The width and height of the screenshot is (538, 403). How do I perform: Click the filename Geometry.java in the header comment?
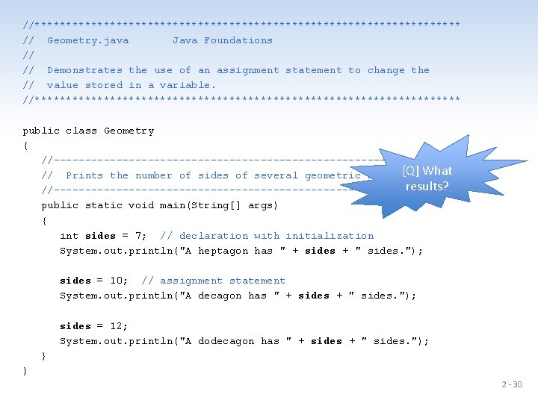click(x=87, y=40)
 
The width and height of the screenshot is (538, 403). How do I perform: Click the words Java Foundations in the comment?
click(x=223, y=40)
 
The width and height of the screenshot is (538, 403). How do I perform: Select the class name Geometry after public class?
click(x=129, y=131)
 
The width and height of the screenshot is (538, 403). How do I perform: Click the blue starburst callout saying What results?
click(x=427, y=178)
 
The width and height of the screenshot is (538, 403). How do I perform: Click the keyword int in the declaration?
click(x=69, y=236)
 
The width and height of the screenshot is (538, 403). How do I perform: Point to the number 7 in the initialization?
click(x=140, y=236)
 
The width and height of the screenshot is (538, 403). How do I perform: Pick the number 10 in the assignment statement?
click(x=119, y=281)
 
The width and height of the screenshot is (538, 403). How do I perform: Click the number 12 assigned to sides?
click(x=119, y=326)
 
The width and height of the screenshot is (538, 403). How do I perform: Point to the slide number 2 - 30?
click(x=512, y=385)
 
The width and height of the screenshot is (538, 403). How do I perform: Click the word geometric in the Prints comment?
click(x=333, y=175)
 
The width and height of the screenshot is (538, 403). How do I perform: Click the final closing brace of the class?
click(x=25, y=370)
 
